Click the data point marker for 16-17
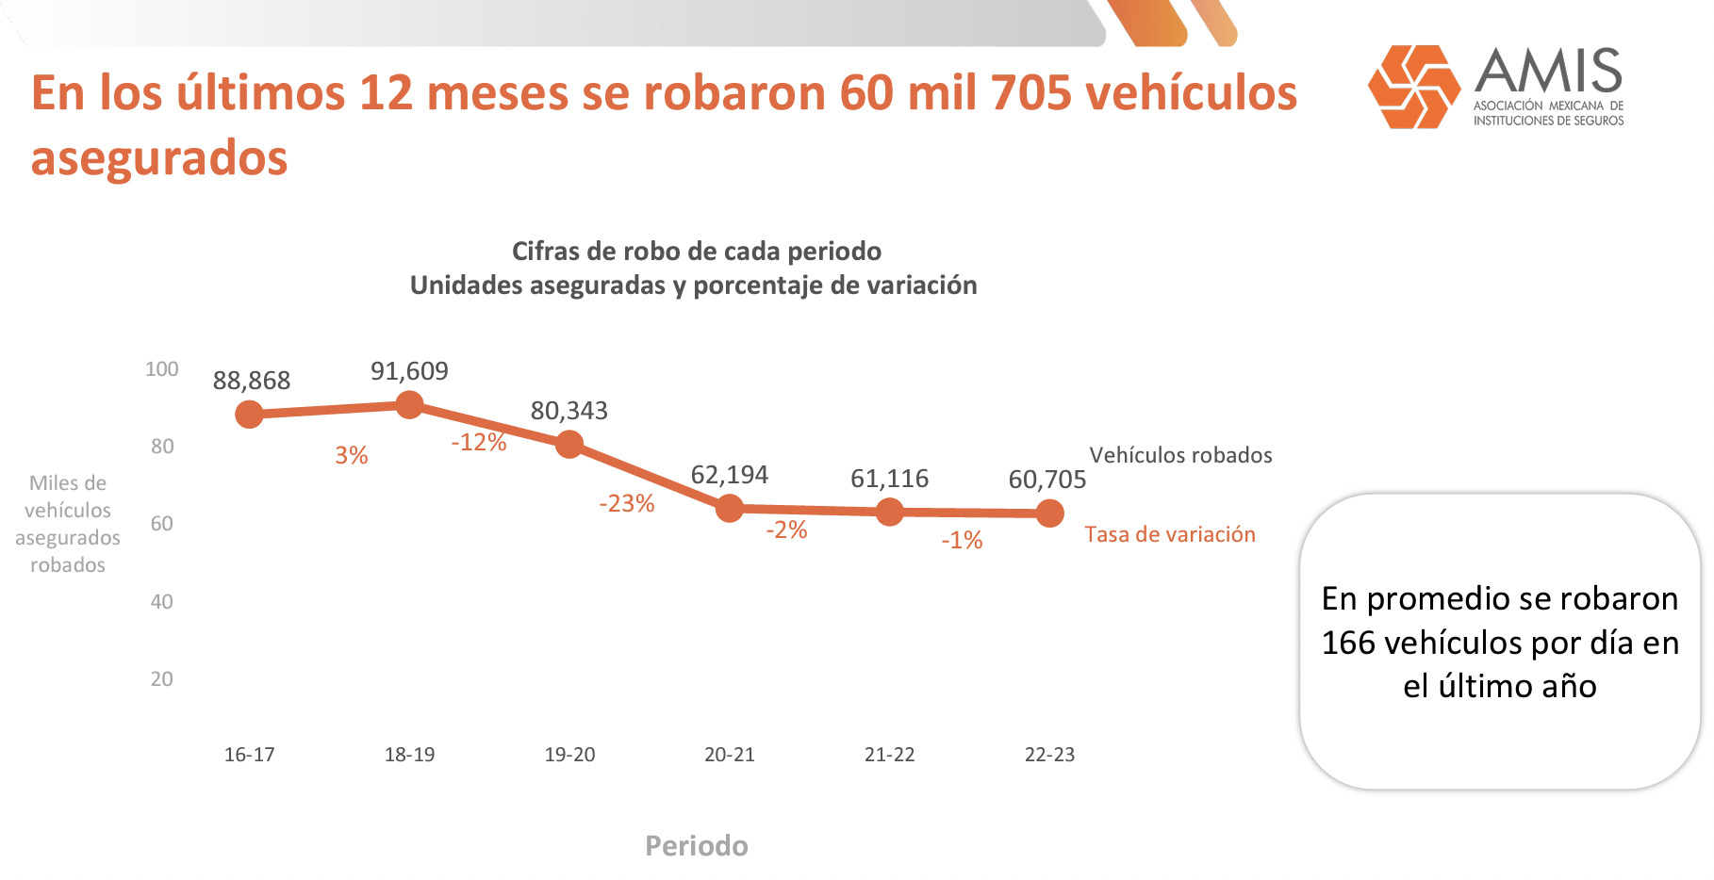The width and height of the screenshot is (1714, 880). pos(249,414)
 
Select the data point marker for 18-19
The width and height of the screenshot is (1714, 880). pos(409,405)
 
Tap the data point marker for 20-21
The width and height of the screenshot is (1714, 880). pos(730,509)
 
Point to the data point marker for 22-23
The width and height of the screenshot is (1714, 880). pos(1049,513)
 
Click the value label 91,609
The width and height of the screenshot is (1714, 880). pos(409,371)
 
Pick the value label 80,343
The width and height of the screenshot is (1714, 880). pos(569,411)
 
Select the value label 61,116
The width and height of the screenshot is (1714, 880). pos(889,479)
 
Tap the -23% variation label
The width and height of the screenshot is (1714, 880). pos(626,503)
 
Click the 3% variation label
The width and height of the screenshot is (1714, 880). pos(351,456)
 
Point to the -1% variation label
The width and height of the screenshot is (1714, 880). pos(962,540)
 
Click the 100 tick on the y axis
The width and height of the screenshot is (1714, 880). pos(161,369)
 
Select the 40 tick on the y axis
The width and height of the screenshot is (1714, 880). pos(161,601)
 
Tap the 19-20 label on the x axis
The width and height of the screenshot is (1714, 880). pos(569,755)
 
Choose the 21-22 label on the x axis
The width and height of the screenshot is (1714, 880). pos(889,755)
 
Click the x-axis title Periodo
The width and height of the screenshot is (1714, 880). pos(696,846)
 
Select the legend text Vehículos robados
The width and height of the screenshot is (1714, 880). pos(1180,455)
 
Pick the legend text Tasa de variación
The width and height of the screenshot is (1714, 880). pos(1170,534)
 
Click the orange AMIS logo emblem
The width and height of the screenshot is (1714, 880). pos(1413,87)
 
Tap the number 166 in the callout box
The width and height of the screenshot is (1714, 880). pos(1348,643)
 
